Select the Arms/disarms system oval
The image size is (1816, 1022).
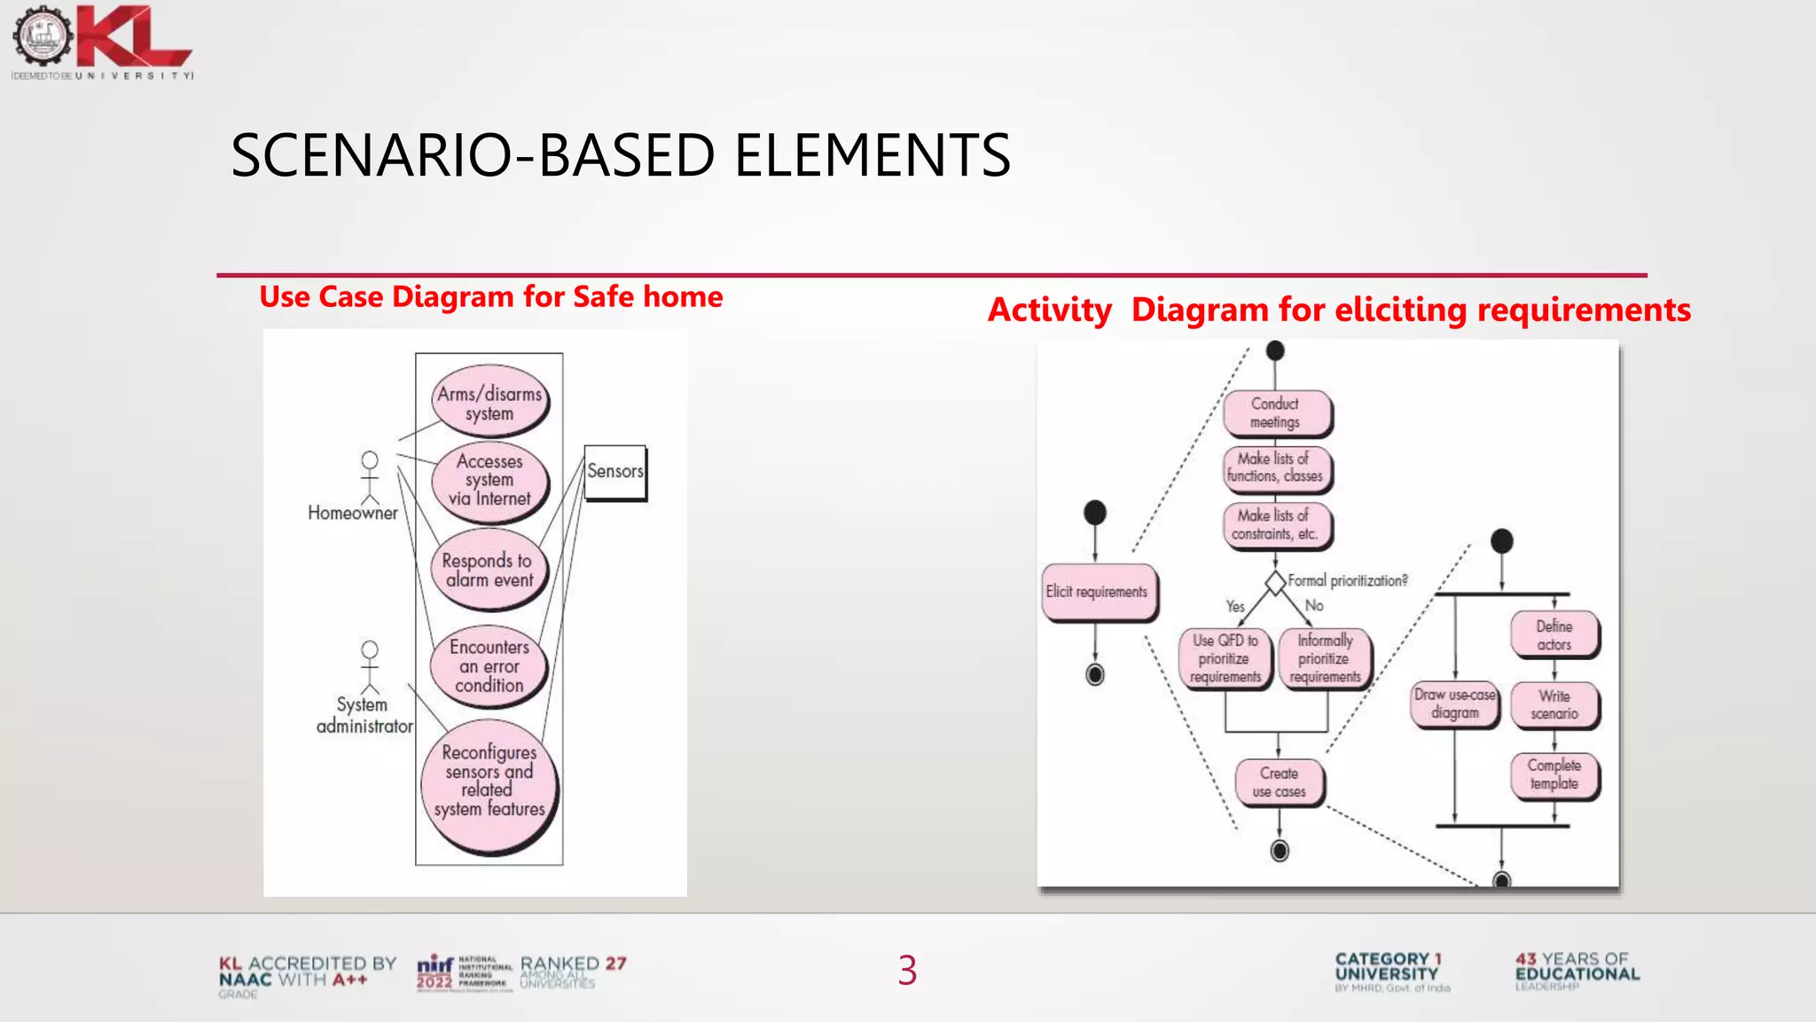(489, 403)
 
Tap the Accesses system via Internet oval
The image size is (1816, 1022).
(489, 480)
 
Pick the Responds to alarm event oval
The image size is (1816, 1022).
(488, 570)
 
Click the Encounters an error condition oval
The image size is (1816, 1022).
(489, 665)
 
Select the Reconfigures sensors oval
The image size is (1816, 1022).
(489, 781)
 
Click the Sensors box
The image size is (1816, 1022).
(614, 472)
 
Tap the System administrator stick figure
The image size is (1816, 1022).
(370, 667)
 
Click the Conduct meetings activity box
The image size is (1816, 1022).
(1275, 413)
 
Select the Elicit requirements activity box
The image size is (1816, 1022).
(1097, 592)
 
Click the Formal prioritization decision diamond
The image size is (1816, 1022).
(1275, 583)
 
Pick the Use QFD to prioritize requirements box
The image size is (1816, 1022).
(1225, 658)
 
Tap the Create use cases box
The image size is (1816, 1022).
(1279, 782)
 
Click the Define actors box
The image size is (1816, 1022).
(1554, 634)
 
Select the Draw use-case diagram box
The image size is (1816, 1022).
(1454, 704)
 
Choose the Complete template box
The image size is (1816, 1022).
(1554, 774)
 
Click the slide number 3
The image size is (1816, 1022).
(907, 970)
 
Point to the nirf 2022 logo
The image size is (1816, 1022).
(464, 972)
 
